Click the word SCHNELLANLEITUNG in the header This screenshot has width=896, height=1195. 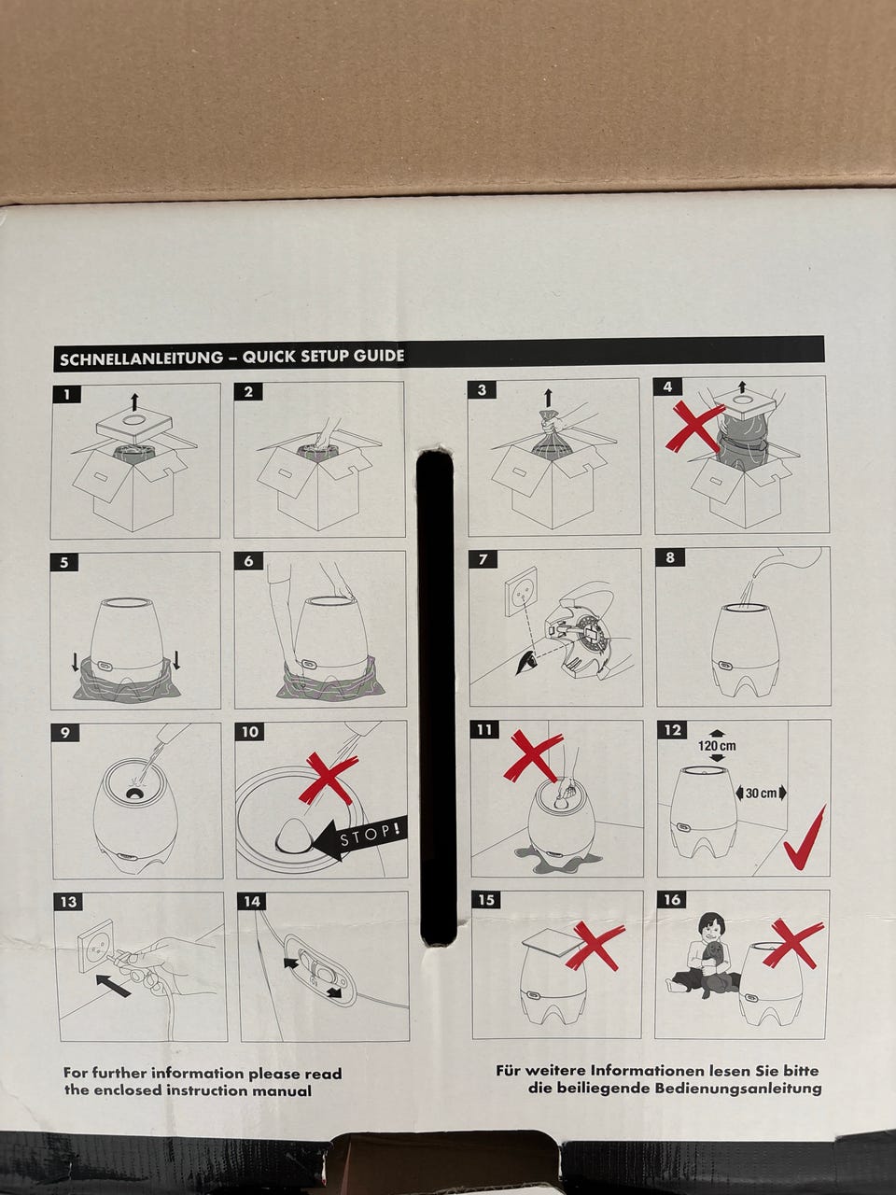(141, 358)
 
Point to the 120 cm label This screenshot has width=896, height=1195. (717, 745)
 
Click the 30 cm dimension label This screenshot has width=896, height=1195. (761, 794)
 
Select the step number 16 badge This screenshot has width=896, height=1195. (671, 900)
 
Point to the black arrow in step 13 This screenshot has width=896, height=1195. (113, 985)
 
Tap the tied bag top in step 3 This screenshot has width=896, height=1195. (549, 420)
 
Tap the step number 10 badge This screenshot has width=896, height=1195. (249, 732)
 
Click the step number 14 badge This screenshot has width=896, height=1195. (252, 902)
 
